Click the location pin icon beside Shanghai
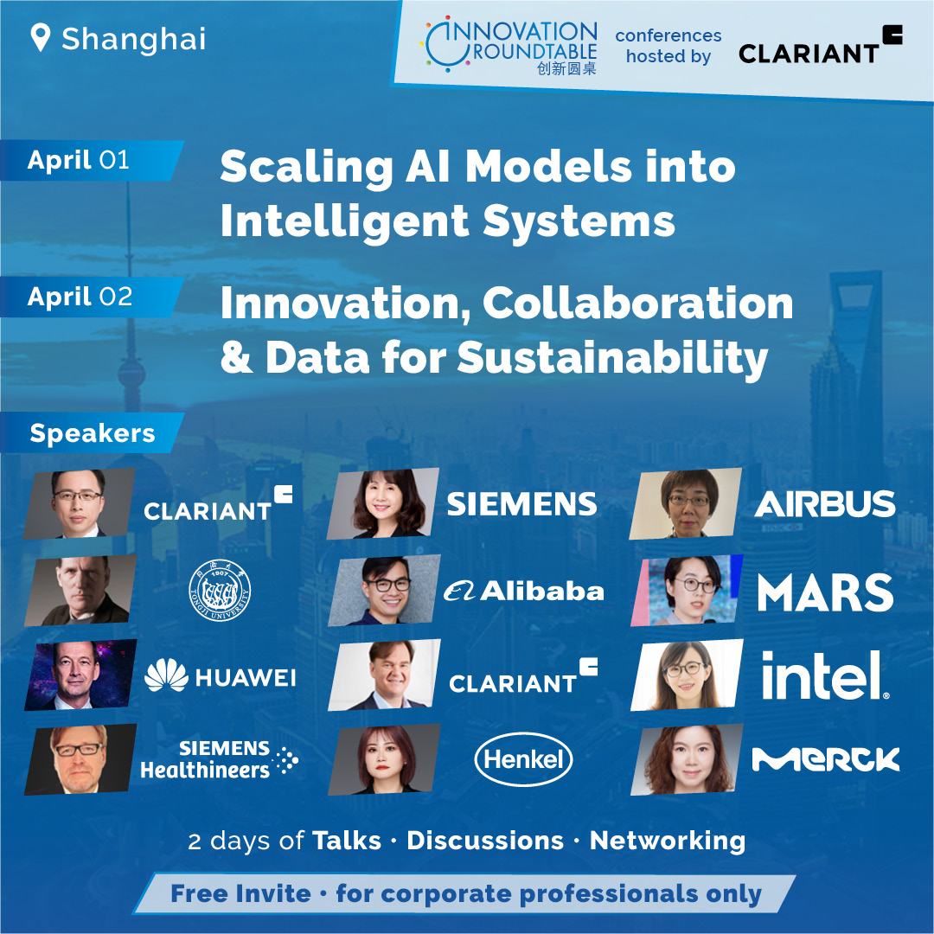[x=40, y=37]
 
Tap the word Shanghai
[x=134, y=40]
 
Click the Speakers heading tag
[x=93, y=433]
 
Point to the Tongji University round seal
[x=220, y=591]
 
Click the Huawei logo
[x=221, y=676]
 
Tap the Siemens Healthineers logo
[x=219, y=759]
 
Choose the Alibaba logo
[x=523, y=591]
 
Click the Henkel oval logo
[x=523, y=759]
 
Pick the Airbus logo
[x=825, y=504]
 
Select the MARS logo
[x=825, y=592]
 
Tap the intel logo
[x=825, y=675]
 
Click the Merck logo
[x=826, y=759]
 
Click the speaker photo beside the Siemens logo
[x=382, y=503]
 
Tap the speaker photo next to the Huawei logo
[x=80, y=675]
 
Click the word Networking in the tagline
[x=667, y=841]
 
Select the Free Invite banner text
[x=466, y=893]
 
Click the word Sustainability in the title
[x=612, y=358]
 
